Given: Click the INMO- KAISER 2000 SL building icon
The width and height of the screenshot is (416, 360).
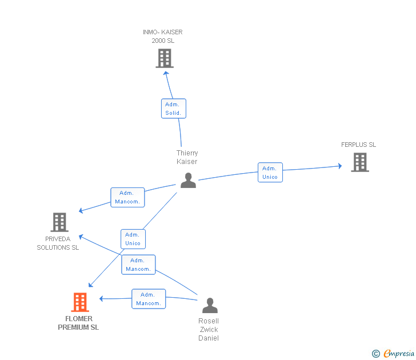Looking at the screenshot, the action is click(165, 58).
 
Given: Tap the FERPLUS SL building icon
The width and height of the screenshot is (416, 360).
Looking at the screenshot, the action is click(360, 162).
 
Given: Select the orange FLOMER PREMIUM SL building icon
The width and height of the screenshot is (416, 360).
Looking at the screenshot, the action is click(80, 302).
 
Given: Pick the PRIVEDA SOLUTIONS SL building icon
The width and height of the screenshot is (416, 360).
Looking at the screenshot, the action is click(59, 222).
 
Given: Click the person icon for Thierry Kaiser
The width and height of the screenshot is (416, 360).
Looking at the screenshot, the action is click(188, 181).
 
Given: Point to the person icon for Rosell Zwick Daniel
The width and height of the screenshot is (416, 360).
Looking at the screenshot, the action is click(210, 305).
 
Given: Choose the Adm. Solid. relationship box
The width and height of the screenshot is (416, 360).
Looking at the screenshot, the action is click(174, 109).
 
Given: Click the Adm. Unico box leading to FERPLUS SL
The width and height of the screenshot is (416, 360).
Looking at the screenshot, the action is click(270, 173).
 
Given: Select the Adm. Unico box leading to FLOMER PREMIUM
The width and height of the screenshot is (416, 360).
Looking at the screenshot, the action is click(133, 239).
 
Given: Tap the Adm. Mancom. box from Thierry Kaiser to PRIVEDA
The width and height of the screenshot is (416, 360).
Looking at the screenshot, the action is click(127, 197).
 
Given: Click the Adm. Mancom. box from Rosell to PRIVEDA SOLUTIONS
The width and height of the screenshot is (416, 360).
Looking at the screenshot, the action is click(138, 265).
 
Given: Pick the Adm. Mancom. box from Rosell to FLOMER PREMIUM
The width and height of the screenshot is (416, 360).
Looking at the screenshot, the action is click(149, 299).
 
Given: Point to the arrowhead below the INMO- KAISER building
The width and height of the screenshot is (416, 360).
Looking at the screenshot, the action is click(166, 73).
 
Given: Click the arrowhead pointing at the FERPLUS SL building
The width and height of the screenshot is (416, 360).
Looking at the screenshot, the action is click(340, 166).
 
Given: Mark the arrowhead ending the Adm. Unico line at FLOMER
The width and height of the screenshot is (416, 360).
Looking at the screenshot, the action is click(90, 285).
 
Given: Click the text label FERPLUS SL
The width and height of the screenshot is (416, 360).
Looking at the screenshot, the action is click(358, 145).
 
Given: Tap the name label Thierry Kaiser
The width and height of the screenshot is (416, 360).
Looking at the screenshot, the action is click(187, 157).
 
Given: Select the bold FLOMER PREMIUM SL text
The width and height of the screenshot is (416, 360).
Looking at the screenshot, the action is click(78, 323).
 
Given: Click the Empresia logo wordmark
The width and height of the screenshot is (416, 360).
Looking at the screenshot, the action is click(399, 353).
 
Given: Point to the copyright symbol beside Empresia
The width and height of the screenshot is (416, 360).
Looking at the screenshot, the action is click(376, 354).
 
